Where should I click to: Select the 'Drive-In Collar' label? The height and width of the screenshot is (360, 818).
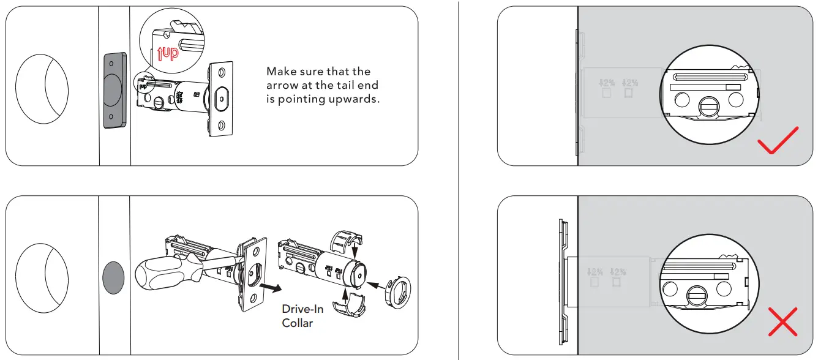coord(302,316)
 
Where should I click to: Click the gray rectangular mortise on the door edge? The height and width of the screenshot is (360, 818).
coord(114,90)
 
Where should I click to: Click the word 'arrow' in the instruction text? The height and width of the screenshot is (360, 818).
coord(283,85)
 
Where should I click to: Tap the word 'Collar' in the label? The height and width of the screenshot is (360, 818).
coord(298,323)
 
